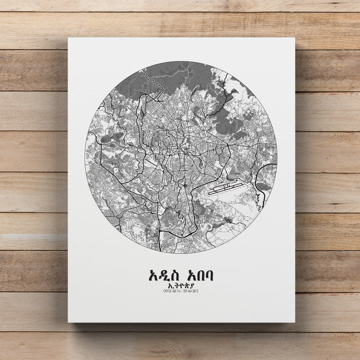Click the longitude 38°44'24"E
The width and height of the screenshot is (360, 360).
click(x=190, y=291)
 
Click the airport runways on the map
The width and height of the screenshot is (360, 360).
click(x=225, y=188)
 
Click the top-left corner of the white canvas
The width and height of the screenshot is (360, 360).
click(x=68, y=38)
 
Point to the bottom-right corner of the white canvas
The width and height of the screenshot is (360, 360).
click(x=295, y=322)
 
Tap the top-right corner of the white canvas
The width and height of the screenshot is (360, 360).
click(x=295, y=38)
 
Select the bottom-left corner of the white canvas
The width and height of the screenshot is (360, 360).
click(x=68, y=322)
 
